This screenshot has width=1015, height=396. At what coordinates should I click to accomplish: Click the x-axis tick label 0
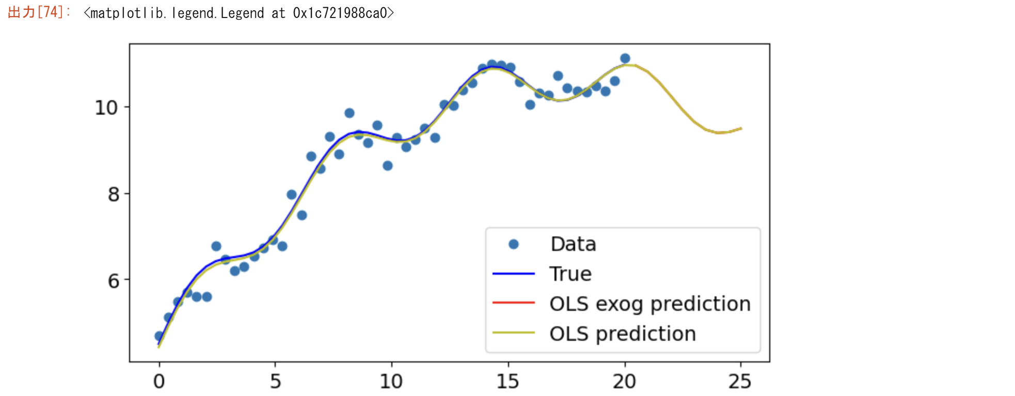pos(159,382)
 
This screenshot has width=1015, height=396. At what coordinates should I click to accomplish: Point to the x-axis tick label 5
pos(275,382)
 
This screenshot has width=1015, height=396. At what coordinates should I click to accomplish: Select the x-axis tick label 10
pos(391,382)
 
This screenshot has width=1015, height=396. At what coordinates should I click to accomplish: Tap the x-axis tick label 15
pos(508,382)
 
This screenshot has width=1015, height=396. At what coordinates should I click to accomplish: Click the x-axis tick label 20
pos(624,382)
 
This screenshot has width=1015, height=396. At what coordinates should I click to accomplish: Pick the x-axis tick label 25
pos(740,382)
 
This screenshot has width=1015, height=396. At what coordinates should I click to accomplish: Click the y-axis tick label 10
pos(106,108)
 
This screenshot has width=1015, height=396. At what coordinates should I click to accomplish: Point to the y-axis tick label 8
pos(114,195)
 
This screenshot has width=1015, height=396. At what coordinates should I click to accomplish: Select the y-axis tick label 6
pos(114,281)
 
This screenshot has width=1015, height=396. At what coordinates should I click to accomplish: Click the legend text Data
pos(573,244)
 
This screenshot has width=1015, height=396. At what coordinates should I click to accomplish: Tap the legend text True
pos(570,274)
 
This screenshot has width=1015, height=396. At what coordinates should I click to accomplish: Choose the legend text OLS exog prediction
pos(649,304)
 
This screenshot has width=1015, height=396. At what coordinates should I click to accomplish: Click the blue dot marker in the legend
pos(513,244)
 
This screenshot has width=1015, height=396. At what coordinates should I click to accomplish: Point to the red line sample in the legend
pos(513,303)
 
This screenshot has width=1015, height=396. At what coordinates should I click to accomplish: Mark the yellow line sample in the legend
pos(513,333)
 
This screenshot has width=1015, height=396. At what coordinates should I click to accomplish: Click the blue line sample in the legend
pos(513,273)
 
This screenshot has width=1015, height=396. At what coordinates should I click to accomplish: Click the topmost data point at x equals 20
pos(625,58)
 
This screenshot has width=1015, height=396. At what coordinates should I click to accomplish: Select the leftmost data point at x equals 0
pos(160,336)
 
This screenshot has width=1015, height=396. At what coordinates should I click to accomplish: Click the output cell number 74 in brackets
pos(50,12)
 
